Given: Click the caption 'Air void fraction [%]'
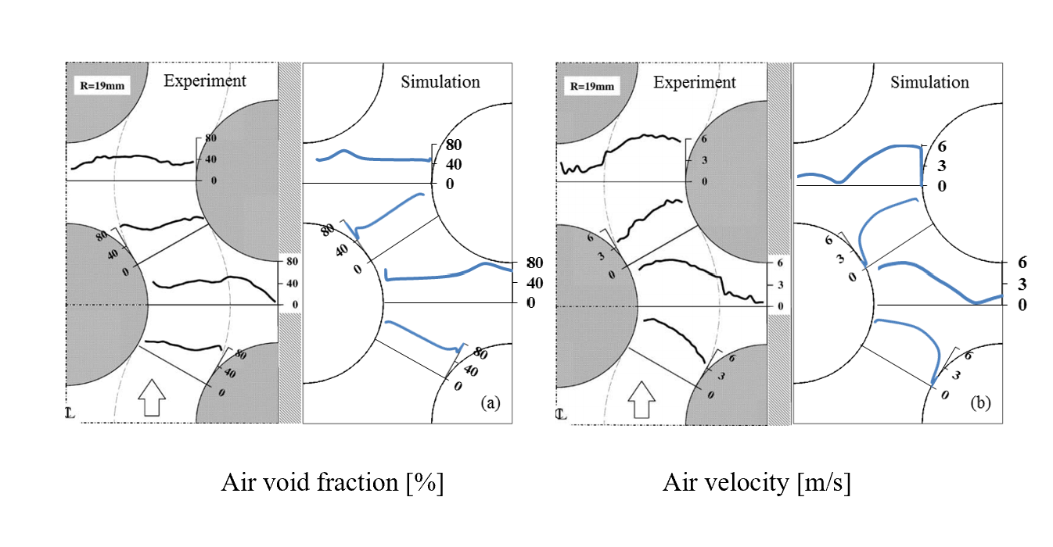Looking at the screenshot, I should click(x=332, y=483).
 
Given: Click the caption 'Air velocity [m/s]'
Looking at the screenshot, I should click(x=757, y=483).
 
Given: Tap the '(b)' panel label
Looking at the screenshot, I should click(x=980, y=403).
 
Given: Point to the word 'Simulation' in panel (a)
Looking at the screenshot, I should click(x=440, y=81).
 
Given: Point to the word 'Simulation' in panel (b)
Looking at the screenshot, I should click(x=929, y=82).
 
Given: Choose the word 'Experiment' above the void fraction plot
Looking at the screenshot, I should click(x=205, y=80).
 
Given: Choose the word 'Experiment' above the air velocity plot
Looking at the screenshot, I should click(x=695, y=82).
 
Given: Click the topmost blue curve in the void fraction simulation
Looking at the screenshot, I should click(x=376, y=158).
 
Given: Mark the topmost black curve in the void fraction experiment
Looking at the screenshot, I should click(x=133, y=159).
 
